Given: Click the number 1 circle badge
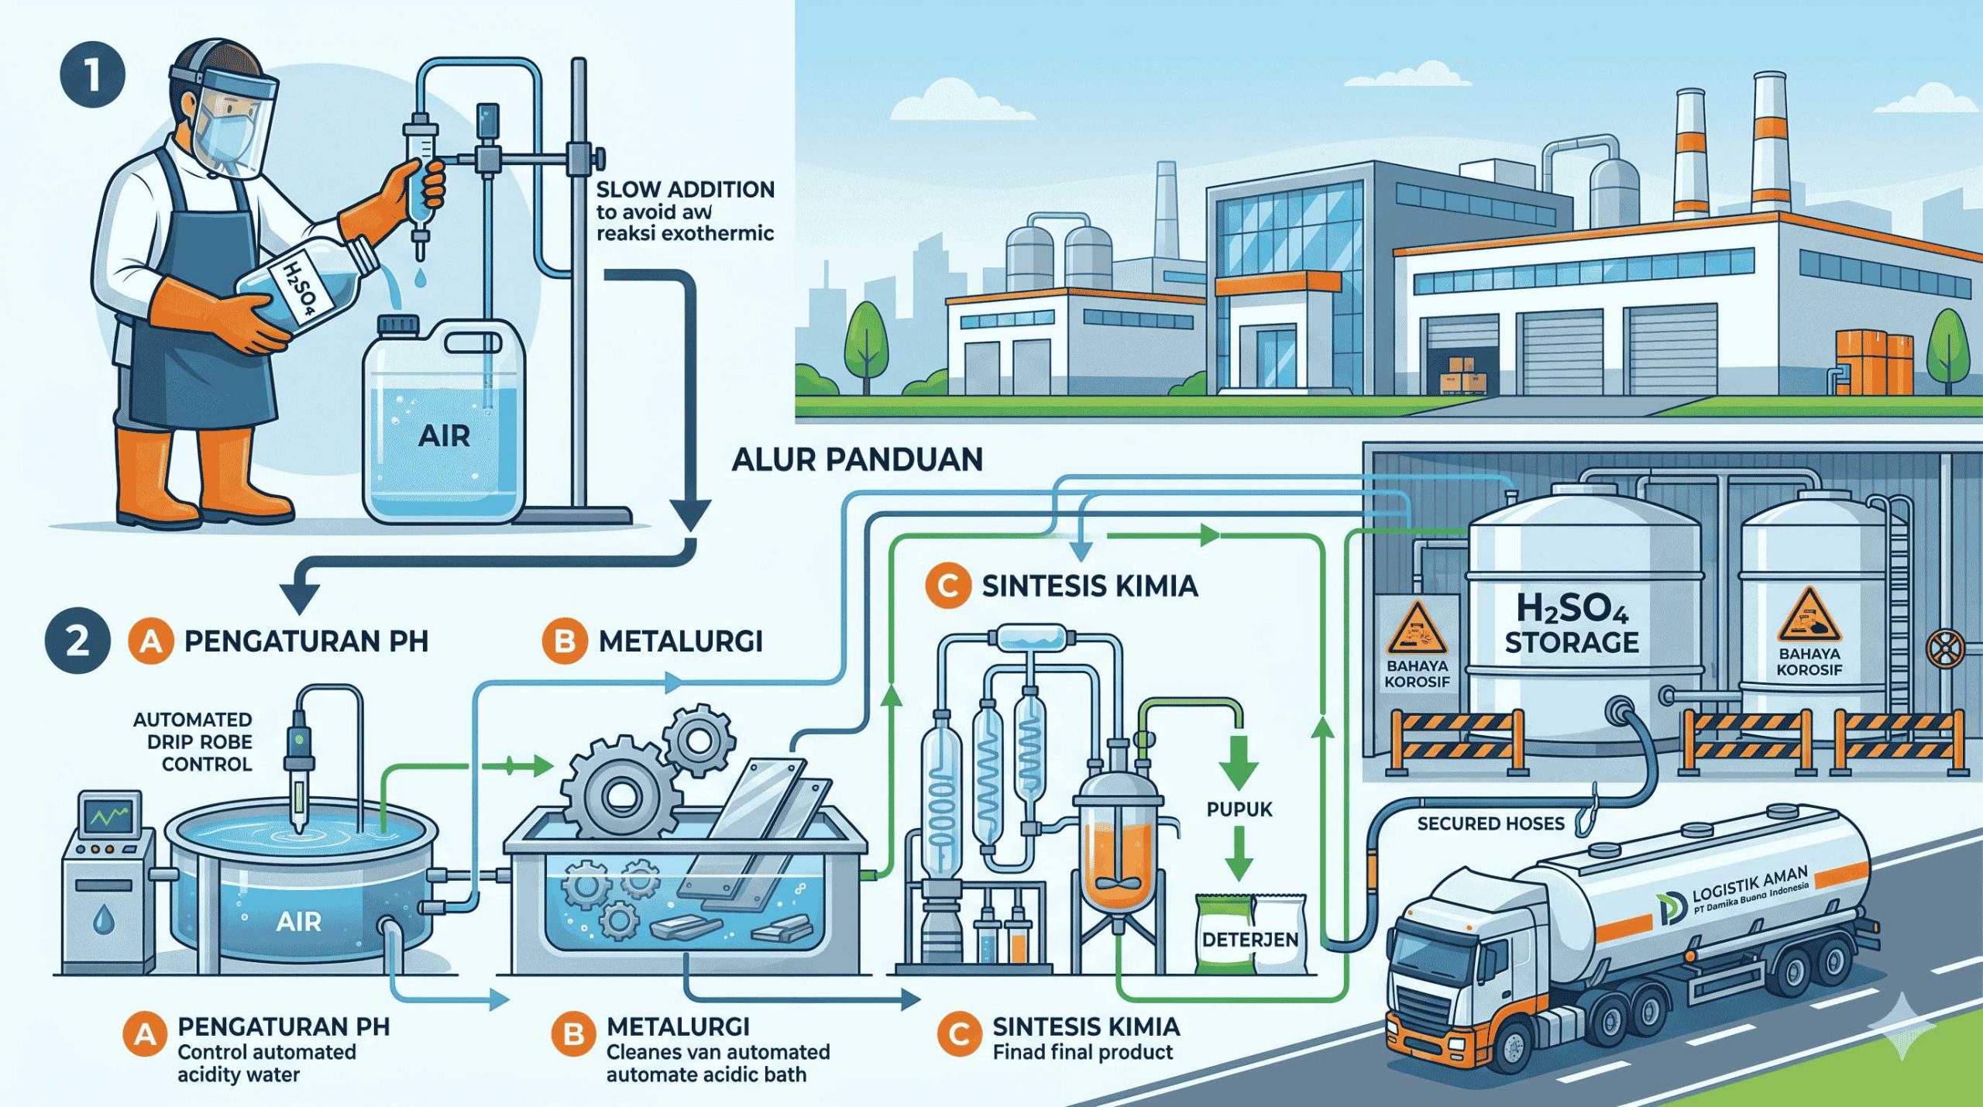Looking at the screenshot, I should (x=91, y=77).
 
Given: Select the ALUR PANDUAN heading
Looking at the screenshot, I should (x=857, y=459).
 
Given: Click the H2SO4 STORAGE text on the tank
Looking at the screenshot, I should (x=1572, y=626).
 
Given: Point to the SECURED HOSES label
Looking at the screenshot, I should (x=1490, y=823).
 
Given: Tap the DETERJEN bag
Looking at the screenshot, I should (x=1250, y=938).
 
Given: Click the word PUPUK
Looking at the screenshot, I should (x=1239, y=810).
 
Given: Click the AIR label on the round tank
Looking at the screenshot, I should (x=298, y=922).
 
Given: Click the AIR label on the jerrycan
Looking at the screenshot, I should (x=444, y=436).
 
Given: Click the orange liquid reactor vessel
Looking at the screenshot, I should (x=1117, y=868).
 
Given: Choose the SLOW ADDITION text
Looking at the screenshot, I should (x=685, y=190).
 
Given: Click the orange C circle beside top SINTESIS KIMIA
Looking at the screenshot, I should (x=947, y=586).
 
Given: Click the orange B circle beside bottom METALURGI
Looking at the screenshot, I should (x=574, y=1036).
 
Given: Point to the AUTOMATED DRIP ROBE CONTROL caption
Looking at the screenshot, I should (x=193, y=741).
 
